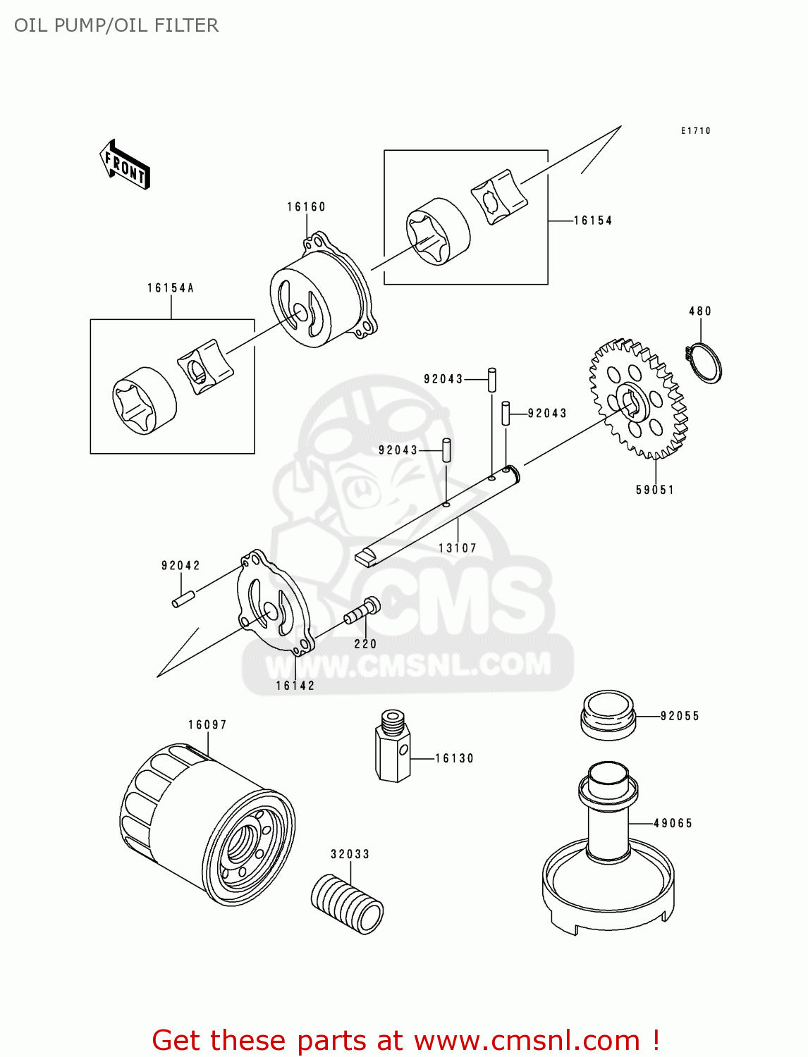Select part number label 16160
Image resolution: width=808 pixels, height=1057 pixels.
[306, 207]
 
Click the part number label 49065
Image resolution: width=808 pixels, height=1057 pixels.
[673, 823]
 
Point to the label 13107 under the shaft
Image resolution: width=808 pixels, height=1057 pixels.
[458, 548]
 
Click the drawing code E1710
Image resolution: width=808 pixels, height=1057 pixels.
[695, 131]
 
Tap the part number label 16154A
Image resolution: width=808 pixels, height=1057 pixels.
[171, 288]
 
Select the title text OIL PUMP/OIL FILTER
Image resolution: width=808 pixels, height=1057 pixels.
[116, 25]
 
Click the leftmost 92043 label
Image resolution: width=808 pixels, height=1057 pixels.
[398, 450]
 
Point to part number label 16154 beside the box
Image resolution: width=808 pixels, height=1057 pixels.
[592, 221]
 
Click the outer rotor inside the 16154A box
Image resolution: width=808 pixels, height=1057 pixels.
[144, 400]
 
